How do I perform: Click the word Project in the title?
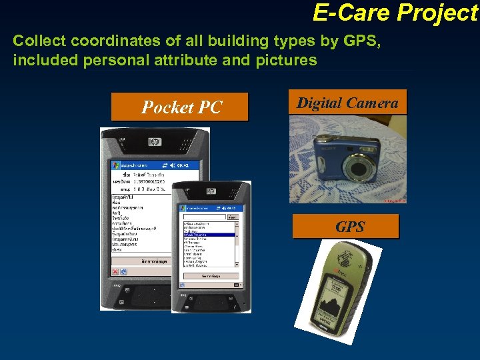437,13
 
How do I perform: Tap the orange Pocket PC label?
179,107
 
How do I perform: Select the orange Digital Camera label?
347,103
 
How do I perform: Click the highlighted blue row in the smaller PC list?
208,235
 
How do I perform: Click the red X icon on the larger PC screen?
115,272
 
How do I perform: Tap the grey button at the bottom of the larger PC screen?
154,261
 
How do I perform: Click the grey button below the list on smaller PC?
210,275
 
